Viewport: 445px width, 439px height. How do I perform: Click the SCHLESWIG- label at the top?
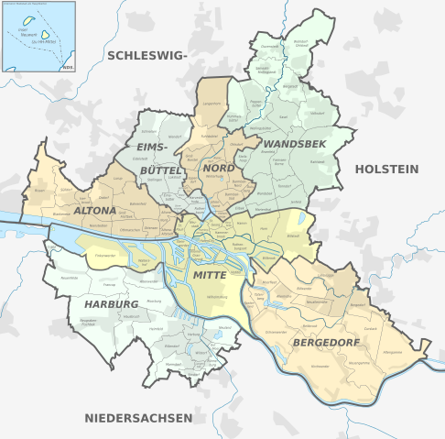click(147, 55)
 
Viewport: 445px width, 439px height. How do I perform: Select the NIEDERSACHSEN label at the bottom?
click(138, 418)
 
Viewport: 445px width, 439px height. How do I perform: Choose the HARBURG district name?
click(111, 303)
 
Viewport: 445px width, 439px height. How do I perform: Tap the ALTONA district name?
click(95, 211)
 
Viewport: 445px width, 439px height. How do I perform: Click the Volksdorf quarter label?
click(317, 113)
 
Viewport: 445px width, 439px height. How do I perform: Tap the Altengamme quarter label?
click(395, 351)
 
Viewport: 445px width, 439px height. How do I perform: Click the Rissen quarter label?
click(38, 191)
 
